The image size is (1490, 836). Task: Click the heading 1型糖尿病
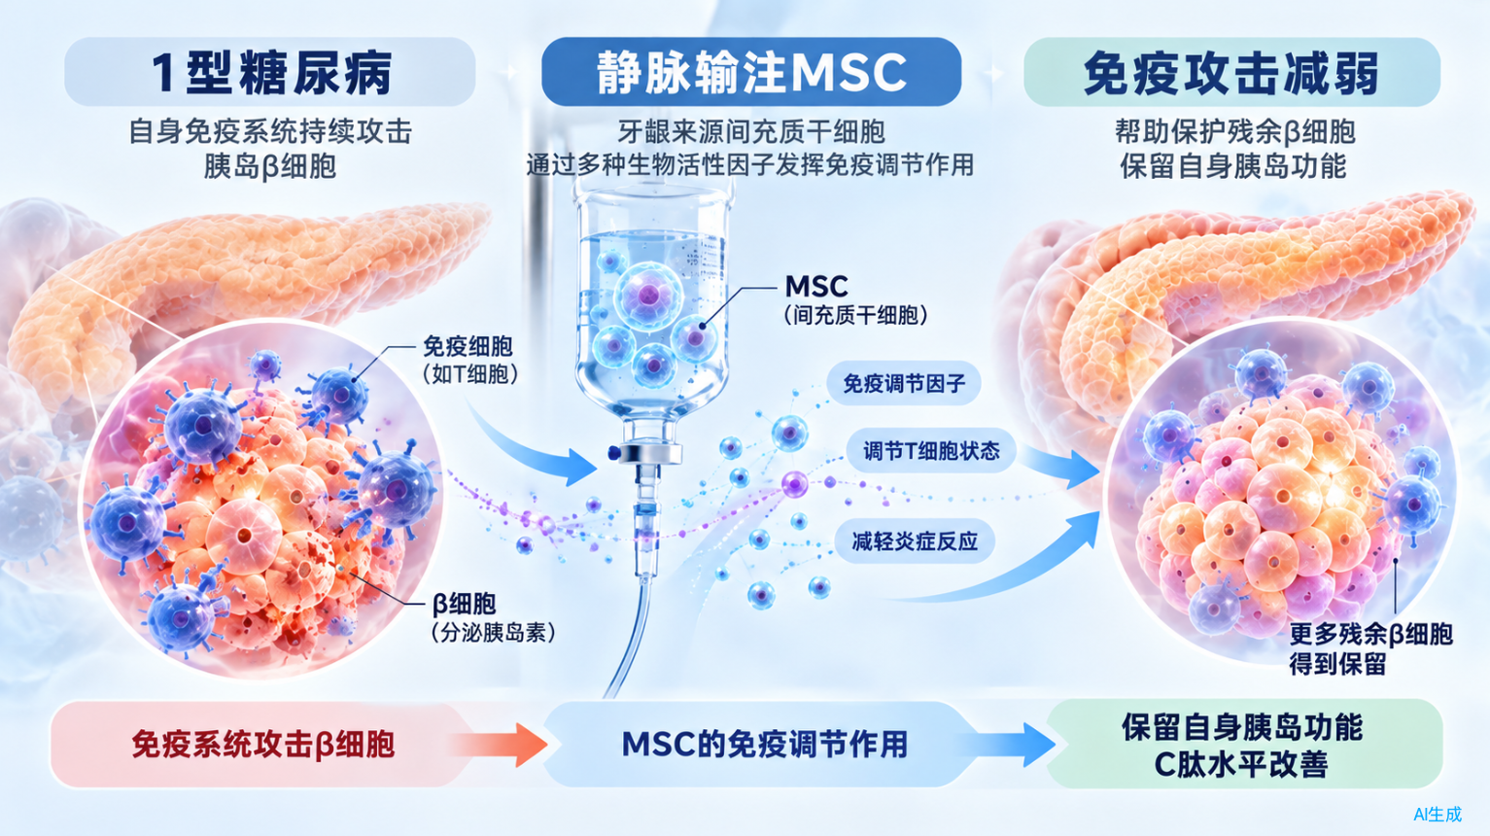271,73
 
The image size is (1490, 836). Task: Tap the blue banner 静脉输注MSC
751,72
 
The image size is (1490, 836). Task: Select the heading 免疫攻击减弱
1231,73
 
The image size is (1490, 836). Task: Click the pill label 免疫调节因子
903,384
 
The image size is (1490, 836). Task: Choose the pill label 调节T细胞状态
931,451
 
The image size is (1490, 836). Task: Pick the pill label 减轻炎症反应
915,541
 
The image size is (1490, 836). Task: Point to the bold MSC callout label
816,287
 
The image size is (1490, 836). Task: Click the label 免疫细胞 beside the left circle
468,346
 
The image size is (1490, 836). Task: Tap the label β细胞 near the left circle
465,604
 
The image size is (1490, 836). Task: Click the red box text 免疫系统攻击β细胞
263,745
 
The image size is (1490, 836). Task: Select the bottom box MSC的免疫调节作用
765,745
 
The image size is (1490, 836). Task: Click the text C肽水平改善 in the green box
1241,764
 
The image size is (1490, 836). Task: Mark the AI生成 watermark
1438,814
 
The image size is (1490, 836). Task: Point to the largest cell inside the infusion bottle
647,296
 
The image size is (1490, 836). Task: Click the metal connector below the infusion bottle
648,453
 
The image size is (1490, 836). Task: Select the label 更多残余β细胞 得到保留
1370,648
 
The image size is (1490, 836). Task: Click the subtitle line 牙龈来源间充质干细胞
751,131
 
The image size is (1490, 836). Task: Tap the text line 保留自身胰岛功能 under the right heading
1234,165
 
